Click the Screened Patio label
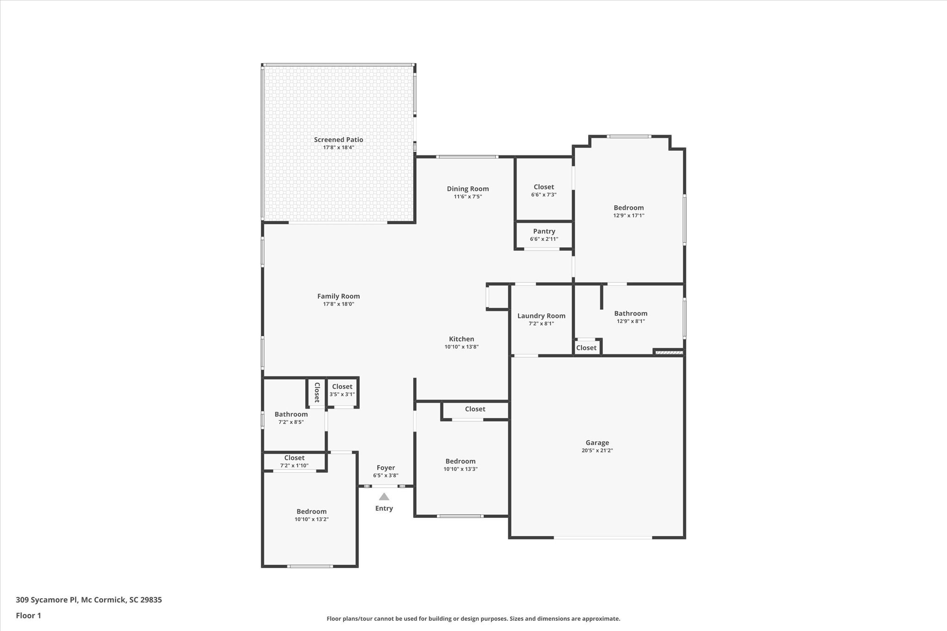(338, 140)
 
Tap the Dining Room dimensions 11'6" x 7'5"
(467, 196)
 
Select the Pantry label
(544, 231)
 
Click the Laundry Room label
(541, 316)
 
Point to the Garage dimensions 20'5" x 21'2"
(597, 450)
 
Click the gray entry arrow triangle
(384, 497)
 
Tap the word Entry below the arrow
(384, 508)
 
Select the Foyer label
(386, 467)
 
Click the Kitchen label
(461, 339)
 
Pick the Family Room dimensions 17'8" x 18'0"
(338, 304)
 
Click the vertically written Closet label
(317, 392)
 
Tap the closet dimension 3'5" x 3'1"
(342, 394)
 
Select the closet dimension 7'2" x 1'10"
(294, 466)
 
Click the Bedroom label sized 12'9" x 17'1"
(628, 208)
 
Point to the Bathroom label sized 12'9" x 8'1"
(630, 313)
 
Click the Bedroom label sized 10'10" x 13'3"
(460, 461)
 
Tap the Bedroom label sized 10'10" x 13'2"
(311, 511)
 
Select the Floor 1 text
(28, 615)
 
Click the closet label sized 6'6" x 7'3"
(543, 187)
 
